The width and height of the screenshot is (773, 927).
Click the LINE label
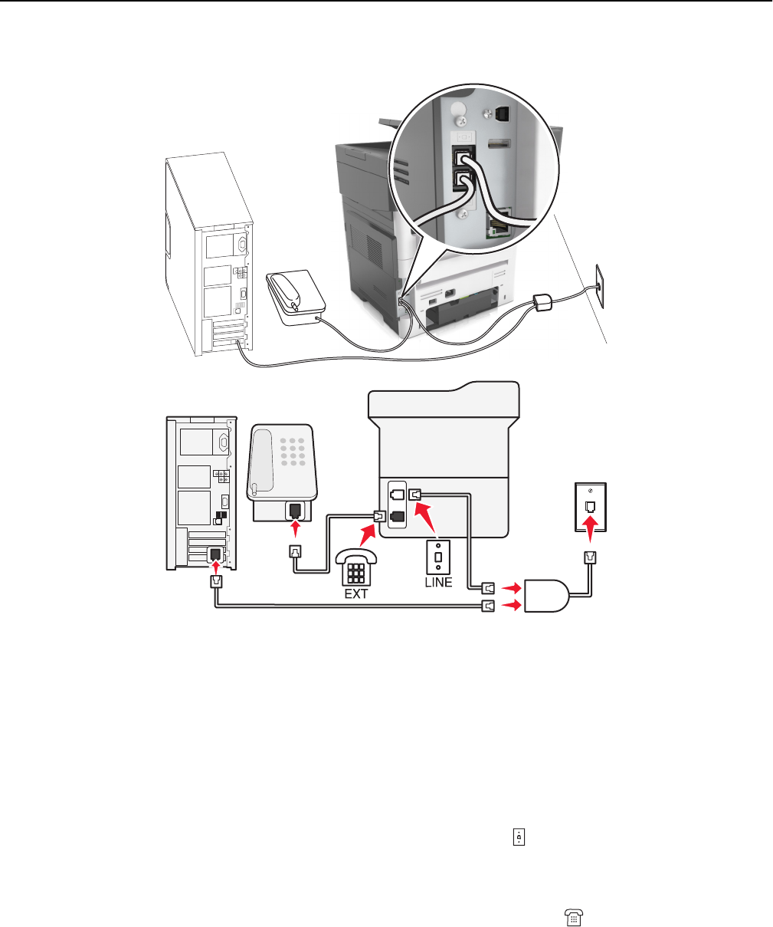[438, 582]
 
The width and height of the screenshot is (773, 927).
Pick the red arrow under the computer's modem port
[216, 567]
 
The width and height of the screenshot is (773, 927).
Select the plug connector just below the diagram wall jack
[591, 559]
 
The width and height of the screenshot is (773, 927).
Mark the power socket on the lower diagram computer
[222, 442]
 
